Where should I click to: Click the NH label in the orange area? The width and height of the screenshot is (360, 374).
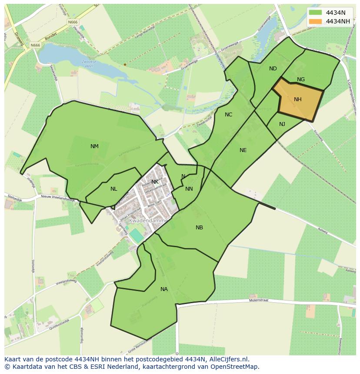coord(297,99)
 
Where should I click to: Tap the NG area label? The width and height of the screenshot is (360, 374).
coord(301,79)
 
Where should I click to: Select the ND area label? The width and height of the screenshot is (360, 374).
coord(273,69)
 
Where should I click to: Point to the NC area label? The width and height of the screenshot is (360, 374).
coord(228,115)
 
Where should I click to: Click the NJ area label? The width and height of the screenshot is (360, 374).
coord(282,124)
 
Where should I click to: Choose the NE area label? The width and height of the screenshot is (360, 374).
coord(243,150)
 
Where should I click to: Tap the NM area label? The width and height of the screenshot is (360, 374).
coord(94,146)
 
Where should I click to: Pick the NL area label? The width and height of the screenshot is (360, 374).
coord(113,189)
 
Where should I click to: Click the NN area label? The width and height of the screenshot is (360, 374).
coord(189,189)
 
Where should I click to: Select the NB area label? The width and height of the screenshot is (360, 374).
coord(199,228)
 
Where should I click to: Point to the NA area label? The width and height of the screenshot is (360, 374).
coord(164,289)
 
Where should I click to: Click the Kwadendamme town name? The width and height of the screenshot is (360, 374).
coord(148,221)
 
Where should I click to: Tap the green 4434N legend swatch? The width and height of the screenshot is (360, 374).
coord(316,13)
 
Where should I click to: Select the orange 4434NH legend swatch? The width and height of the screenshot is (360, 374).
coord(316,21)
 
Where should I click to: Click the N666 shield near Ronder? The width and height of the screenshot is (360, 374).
coord(35,45)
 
